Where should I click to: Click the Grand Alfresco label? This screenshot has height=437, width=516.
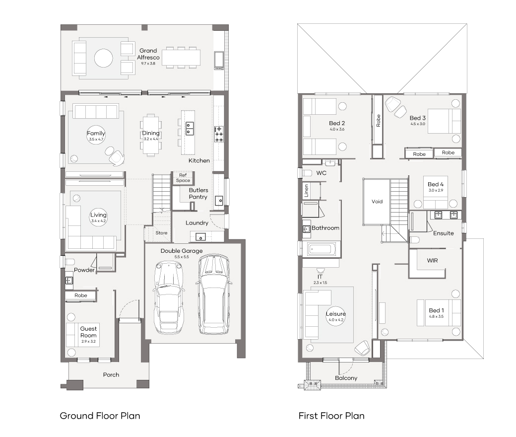coord(148,54)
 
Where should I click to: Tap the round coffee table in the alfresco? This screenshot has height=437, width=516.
coord(104,58)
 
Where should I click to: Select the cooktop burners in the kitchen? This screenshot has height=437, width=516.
coord(219,134)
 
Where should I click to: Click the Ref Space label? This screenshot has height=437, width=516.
coord(183,178)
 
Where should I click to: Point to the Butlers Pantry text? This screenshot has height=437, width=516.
coord(198,194)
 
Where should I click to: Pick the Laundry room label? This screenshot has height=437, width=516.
coord(197,223)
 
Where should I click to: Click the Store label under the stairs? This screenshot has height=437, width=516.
coord(161,233)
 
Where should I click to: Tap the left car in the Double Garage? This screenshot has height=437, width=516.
coord(168,297)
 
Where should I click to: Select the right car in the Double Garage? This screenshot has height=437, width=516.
coord(214,294)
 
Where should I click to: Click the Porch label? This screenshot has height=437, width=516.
coord(111,375)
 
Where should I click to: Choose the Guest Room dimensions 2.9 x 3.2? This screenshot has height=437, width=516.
coord(88,342)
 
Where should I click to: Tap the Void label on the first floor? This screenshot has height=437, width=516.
coord(377,202)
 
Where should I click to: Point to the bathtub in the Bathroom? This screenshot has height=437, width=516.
coord(322,249)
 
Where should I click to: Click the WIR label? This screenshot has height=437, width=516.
coord(433,261)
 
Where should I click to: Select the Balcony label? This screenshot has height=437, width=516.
coord(346,378)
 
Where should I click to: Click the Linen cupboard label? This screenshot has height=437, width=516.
coord(307,191)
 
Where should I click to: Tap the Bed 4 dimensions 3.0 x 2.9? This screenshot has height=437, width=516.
coord(436,190)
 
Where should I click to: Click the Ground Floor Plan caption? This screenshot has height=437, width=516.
coord(100,416)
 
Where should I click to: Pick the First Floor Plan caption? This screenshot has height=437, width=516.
coord(331,416)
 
